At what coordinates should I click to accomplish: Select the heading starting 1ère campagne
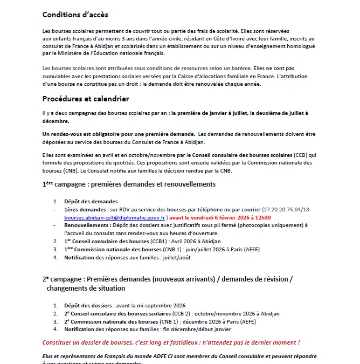click(x=129, y=184)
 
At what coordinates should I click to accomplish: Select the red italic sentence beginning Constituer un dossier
click(x=171, y=342)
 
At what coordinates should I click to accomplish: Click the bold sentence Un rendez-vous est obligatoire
click(x=119, y=134)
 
